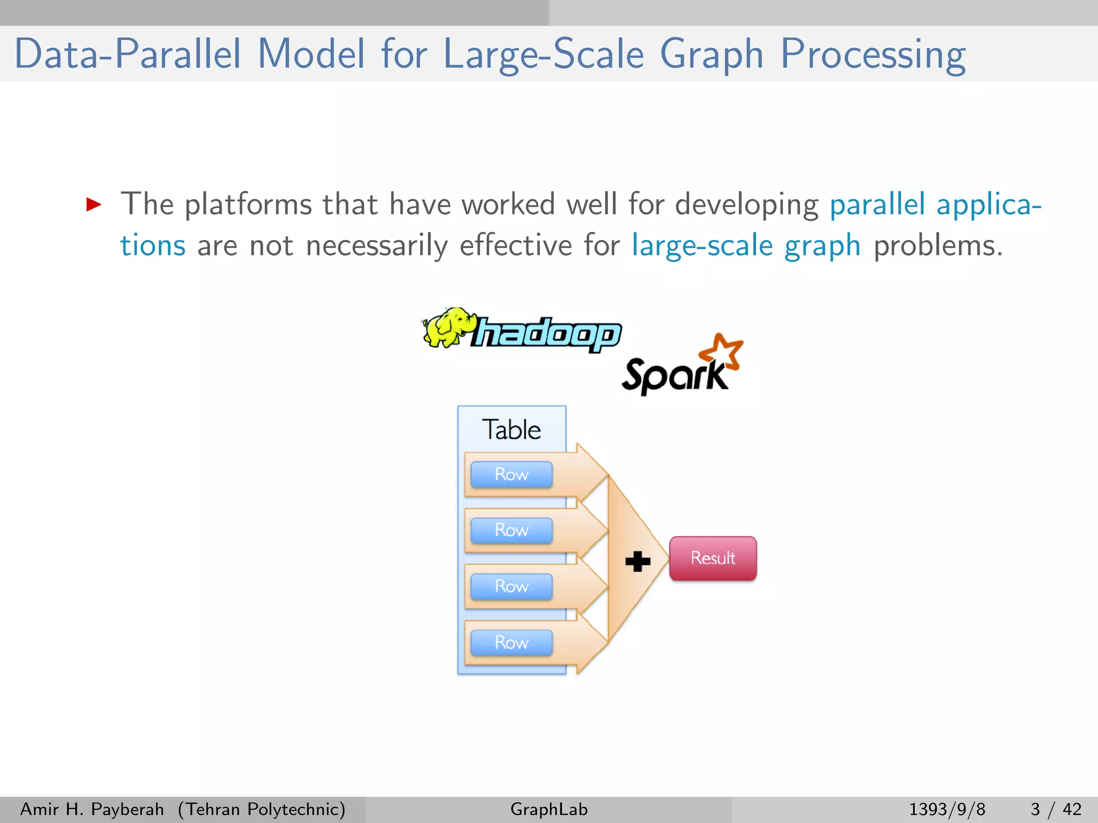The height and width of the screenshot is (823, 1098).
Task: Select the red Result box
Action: click(713, 558)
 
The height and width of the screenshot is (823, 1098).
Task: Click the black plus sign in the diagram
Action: click(637, 562)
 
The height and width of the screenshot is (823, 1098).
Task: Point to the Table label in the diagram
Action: click(511, 430)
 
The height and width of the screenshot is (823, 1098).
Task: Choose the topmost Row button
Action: click(511, 474)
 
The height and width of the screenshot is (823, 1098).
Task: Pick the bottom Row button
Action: click(511, 642)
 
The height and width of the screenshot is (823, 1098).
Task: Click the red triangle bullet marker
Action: click(94, 204)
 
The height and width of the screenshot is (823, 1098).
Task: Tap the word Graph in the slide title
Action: click(711, 54)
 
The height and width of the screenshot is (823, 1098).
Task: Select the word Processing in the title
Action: click(873, 54)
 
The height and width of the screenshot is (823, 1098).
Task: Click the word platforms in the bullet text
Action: click(248, 205)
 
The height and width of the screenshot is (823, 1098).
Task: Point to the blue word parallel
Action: click(877, 205)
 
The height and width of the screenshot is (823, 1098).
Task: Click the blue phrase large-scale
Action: click(702, 246)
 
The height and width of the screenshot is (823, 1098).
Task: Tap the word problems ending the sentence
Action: click(937, 246)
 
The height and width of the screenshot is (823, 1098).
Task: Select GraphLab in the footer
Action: click(548, 809)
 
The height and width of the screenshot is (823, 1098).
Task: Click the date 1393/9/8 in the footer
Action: click(947, 809)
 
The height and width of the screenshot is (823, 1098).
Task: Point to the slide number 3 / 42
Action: click(1056, 809)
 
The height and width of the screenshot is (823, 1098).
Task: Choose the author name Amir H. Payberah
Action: click(92, 809)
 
